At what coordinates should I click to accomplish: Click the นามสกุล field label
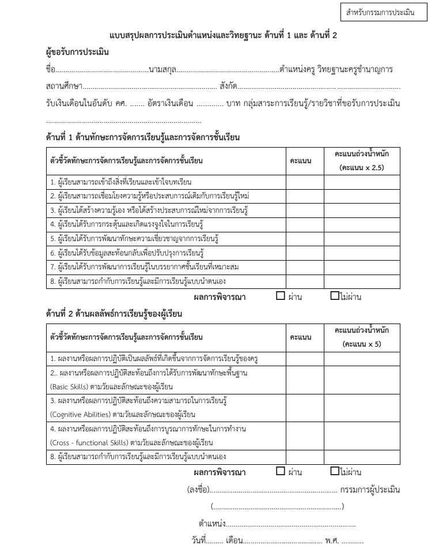coord(162,70)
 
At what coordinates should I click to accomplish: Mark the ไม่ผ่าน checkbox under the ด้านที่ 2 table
coord(335,472)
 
